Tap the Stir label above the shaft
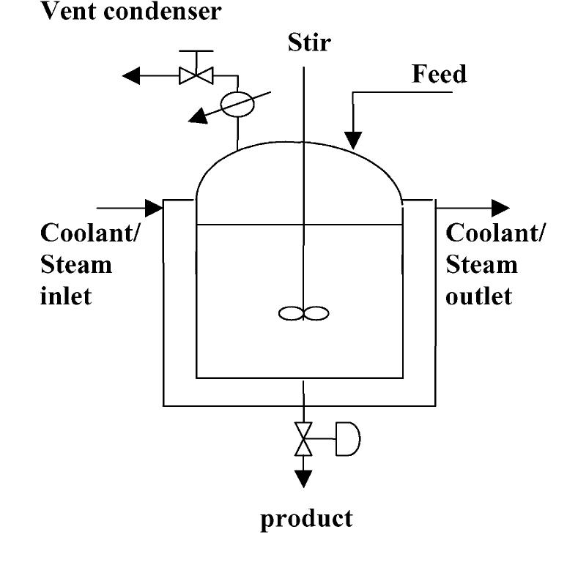[308, 42]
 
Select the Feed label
[439, 73]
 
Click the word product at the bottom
[308, 518]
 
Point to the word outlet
[479, 296]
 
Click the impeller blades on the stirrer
[303, 313]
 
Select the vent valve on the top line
[196, 75]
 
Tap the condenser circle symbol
[238, 102]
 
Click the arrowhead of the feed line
[354, 139]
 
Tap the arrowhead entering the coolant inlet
[154, 208]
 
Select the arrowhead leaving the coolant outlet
[500, 208]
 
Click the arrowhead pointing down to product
[303, 479]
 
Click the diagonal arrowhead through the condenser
[196, 116]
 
